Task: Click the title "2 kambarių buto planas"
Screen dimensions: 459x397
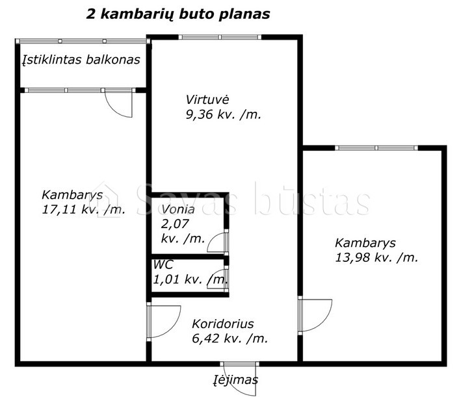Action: (178, 14)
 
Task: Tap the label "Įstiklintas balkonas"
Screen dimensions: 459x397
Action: (81, 60)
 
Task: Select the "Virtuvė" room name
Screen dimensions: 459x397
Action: (207, 99)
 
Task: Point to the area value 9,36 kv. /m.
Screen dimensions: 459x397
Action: (224, 114)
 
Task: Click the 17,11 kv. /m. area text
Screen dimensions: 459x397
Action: (84, 209)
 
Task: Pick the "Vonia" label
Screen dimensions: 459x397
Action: (178, 209)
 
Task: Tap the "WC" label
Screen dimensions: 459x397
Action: (163, 264)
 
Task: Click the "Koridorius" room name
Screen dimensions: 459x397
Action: (223, 324)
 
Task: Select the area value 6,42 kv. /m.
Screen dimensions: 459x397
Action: (230, 339)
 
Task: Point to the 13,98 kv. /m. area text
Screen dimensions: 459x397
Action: (376, 257)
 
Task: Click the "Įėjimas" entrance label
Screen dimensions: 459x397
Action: (235, 379)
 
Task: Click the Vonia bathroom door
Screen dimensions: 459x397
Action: (218, 242)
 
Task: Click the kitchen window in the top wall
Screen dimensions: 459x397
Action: (220, 37)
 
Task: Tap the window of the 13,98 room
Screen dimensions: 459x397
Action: (376, 148)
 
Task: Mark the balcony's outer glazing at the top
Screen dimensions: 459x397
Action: (83, 41)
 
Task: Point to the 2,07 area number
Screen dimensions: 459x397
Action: (175, 224)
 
